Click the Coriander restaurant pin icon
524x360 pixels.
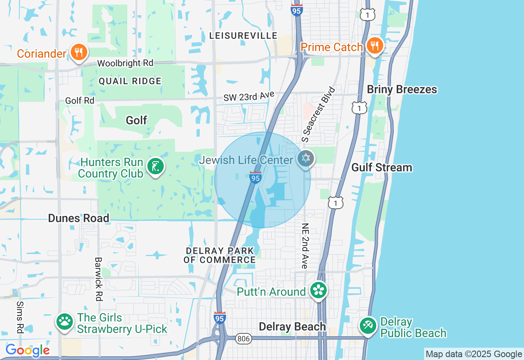78,52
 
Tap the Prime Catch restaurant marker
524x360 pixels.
374,45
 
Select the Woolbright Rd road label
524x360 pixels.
125,63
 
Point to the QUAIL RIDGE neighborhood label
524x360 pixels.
130,81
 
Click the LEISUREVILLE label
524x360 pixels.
243,36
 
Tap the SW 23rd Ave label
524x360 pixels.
248,97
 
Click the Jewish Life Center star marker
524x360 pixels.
305,158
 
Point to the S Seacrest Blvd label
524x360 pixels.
318,114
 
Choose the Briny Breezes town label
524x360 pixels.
402,90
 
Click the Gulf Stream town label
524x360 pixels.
382,168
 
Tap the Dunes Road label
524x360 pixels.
79,218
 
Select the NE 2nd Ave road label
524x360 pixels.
305,246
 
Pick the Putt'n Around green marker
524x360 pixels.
318,290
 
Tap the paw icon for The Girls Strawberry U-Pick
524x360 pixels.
64,322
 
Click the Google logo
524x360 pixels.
27,351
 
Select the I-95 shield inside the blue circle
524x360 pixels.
255,178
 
